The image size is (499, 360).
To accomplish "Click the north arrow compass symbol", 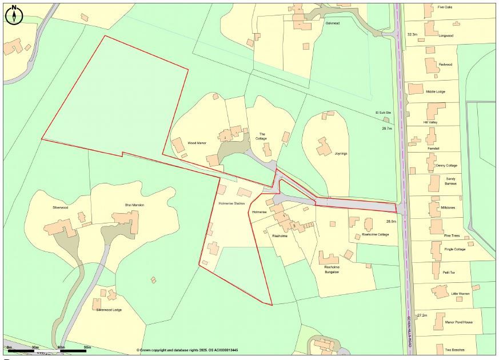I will [14, 15].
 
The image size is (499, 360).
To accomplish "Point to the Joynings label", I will [341, 154].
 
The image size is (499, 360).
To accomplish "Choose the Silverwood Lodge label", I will [109, 310].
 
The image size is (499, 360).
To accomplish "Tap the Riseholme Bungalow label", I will [336, 270].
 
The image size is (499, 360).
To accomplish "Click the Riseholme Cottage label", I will [376, 234].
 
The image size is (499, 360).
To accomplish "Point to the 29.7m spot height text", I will [388, 129].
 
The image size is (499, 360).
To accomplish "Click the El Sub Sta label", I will [383, 113].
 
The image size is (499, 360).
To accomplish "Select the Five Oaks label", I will [445, 7].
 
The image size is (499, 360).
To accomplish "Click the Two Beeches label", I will [454, 349].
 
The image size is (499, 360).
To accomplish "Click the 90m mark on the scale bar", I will [87, 347].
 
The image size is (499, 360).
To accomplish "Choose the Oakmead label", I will [333, 23].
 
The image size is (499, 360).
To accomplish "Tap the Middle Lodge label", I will [436, 91].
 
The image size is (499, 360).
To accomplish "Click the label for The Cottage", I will [261, 135].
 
